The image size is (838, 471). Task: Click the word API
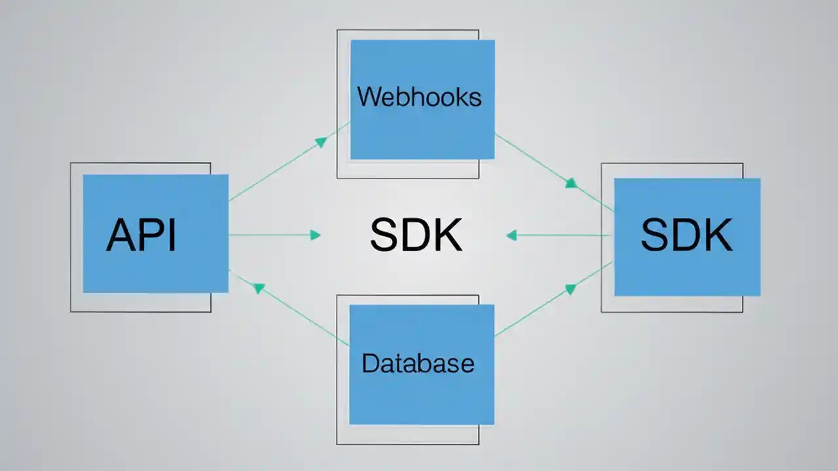(141, 235)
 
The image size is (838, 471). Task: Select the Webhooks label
(419, 97)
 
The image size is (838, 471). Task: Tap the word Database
(418, 363)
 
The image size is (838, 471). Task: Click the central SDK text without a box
(416, 235)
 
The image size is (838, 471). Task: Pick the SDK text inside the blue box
(686, 235)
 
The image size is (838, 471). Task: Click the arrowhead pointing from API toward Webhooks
(321, 141)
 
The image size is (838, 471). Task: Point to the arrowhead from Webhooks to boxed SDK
(572, 183)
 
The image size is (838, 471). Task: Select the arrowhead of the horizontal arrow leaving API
(316, 235)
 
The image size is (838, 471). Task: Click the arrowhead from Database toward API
(259, 287)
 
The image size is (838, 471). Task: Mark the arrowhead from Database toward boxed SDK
(570, 288)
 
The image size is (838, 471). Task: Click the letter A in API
(120, 235)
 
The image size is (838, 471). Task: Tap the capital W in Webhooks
(369, 97)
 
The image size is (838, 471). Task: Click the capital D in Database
(370, 363)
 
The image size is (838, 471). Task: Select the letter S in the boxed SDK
(655, 235)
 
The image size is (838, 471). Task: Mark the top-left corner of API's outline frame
(71, 163)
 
